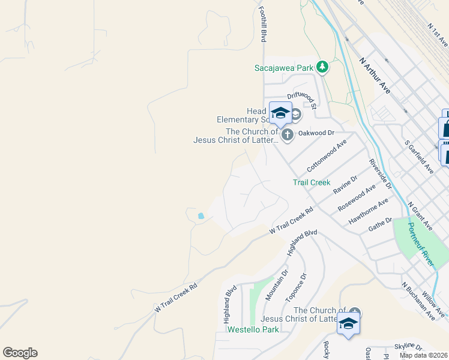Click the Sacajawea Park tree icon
coord(323,67)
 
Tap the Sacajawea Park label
coord(284,68)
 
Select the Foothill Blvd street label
coord(262,25)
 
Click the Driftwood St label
coord(301,95)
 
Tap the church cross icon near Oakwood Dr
coord(288,134)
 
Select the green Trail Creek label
coord(312,182)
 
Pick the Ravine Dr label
coord(345,184)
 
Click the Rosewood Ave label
coord(357,197)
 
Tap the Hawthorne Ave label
coord(367,214)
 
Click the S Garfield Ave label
coord(419,157)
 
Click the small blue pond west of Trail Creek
coord(200,215)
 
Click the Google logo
coord(20,353)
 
